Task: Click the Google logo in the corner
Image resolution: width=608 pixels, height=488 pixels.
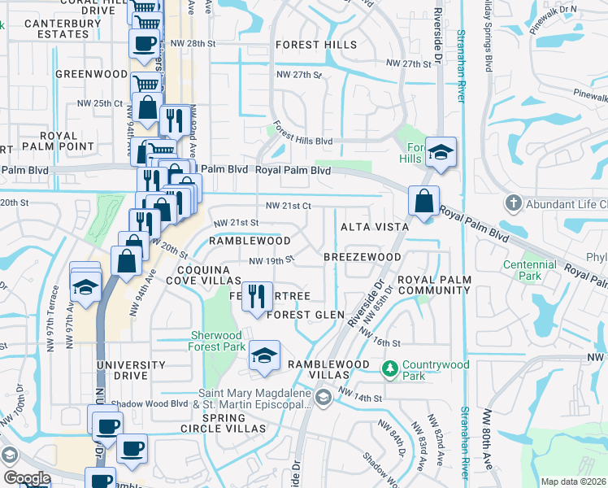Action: coord(27,478)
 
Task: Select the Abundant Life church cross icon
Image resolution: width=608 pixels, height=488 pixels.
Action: coord(513,202)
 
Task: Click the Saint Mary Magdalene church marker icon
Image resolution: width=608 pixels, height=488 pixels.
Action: coord(323,396)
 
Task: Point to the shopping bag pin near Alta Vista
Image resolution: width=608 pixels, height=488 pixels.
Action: coord(424,202)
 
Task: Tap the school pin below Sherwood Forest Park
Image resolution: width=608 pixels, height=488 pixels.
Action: coord(263,356)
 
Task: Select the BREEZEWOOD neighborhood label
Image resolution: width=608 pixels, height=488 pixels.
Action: coord(362,257)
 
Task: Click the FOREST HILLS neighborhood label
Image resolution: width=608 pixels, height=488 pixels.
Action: coord(315,45)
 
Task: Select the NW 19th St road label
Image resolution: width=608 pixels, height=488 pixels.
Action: coord(270,261)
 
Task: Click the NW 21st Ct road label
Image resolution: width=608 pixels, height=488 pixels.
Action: coord(284,207)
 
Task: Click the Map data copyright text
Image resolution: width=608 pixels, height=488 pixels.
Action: coord(574,481)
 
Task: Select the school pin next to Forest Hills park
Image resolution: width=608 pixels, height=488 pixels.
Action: coord(441,152)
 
